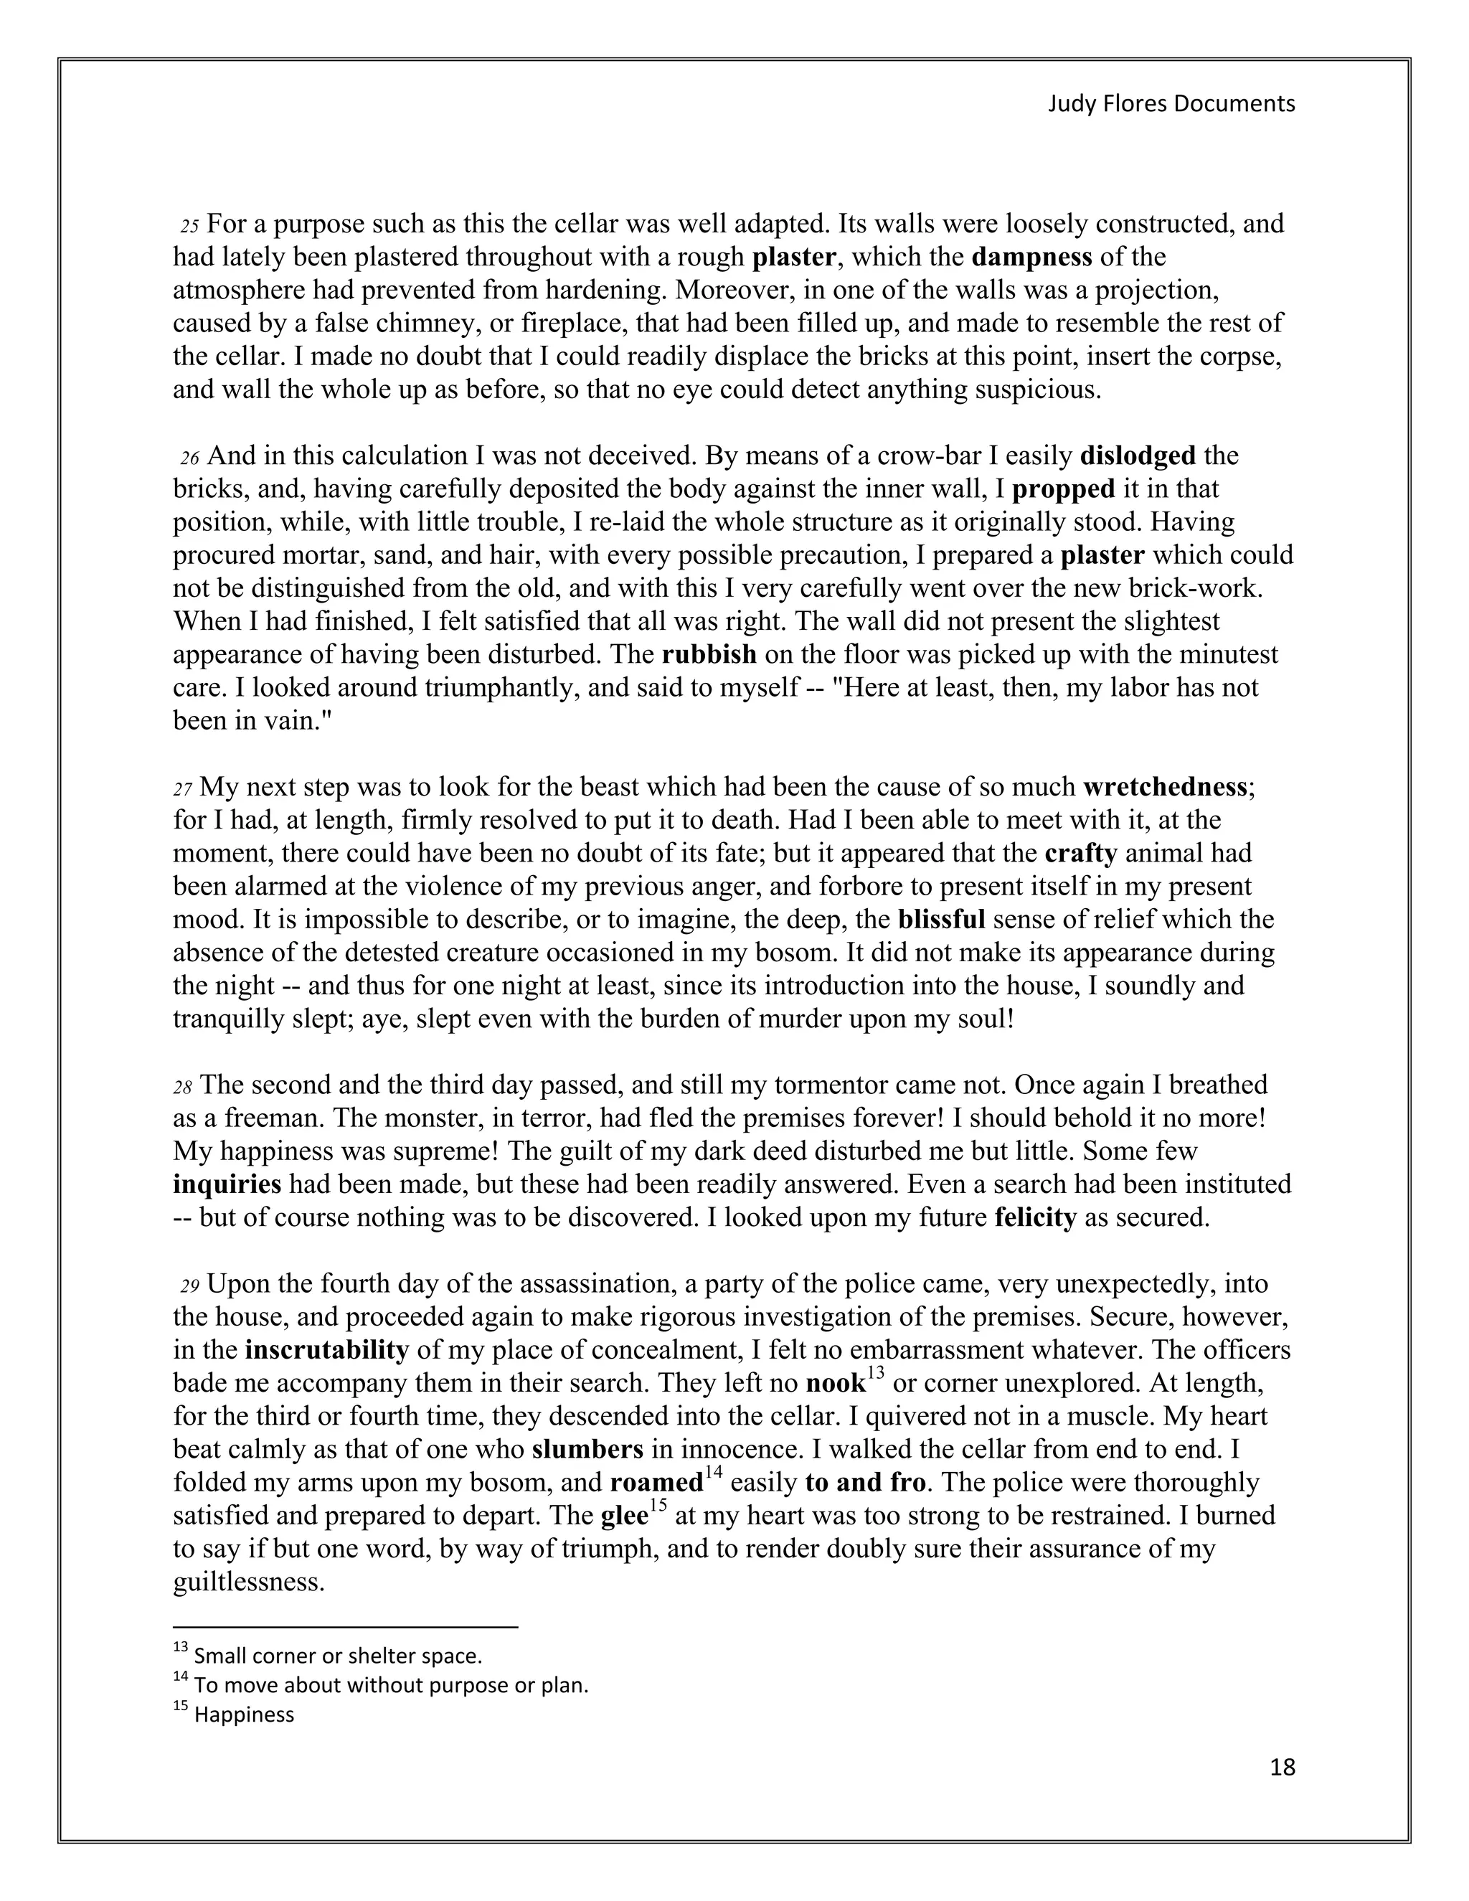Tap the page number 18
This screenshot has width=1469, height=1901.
(x=1282, y=1767)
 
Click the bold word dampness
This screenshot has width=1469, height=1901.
(x=1031, y=258)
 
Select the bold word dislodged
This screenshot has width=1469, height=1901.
(x=1138, y=456)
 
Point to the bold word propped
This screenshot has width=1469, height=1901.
(x=1064, y=489)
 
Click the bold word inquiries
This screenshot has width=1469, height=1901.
(x=227, y=1184)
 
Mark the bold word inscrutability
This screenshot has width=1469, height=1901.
(x=326, y=1350)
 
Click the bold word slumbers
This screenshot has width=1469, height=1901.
(x=587, y=1449)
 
